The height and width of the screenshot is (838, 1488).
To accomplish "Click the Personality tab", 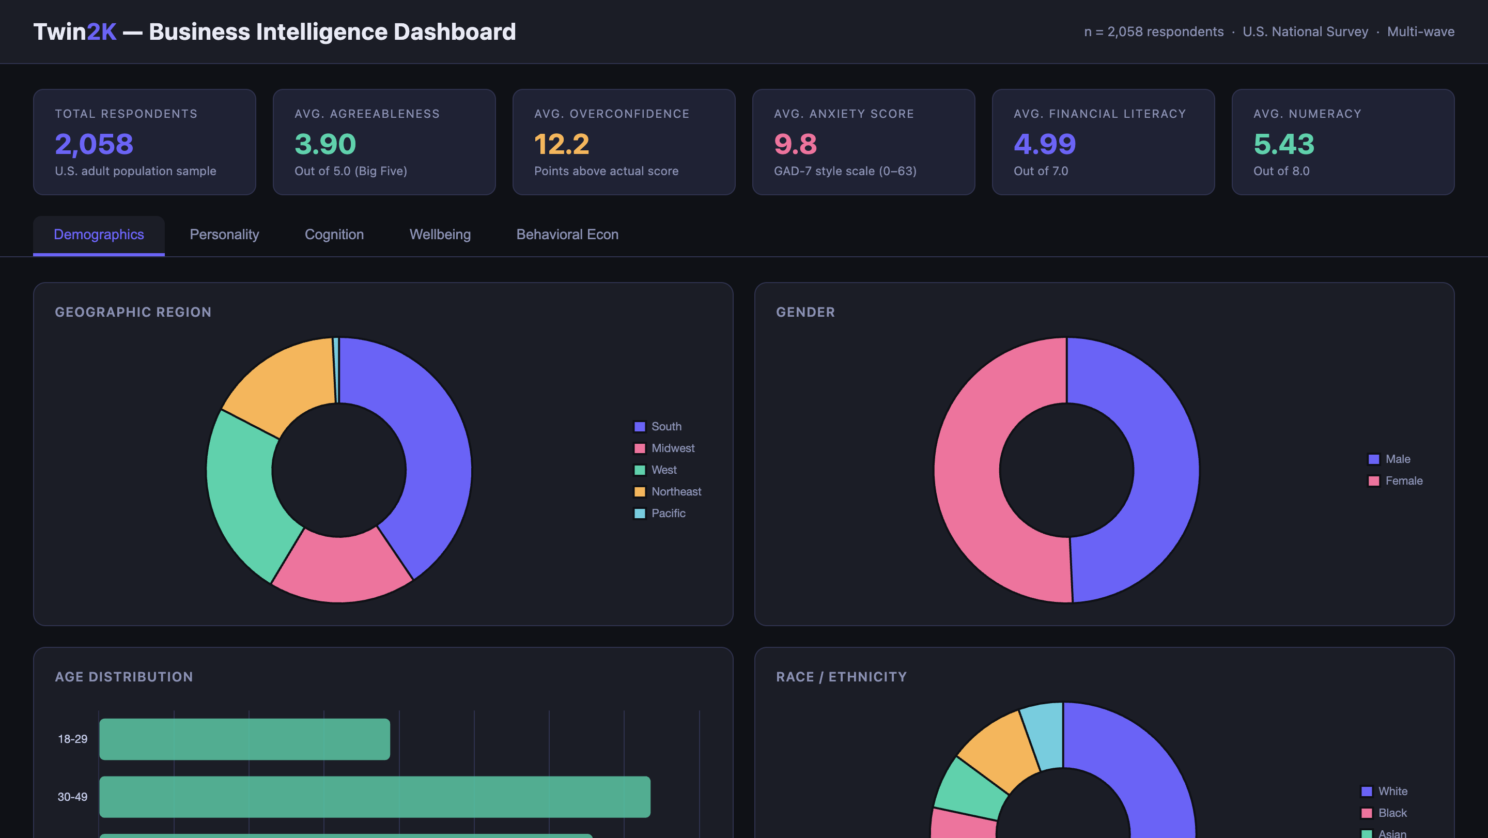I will [x=224, y=235].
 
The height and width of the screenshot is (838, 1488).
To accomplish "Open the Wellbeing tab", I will [x=440, y=235].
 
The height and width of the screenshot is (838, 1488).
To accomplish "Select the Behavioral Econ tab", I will [x=567, y=235].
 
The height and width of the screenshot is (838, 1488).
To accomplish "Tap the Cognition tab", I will [x=334, y=235].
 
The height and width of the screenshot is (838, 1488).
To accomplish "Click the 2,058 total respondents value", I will [x=94, y=144].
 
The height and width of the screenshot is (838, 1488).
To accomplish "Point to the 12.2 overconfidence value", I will [x=562, y=144].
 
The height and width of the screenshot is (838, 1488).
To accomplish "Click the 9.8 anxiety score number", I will [x=795, y=144].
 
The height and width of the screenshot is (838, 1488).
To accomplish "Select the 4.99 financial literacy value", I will [x=1044, y=144].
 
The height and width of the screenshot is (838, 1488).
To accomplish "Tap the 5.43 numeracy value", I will [x=1283, y=144].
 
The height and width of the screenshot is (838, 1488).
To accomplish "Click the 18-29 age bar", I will [x=244, y=739].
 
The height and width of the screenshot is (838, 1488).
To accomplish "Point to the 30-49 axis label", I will [x=72, y=797].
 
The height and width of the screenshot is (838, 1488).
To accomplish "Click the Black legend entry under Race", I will [x=1391, y=813].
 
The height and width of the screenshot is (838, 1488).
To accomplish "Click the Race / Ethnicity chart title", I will [x=841, y=677].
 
